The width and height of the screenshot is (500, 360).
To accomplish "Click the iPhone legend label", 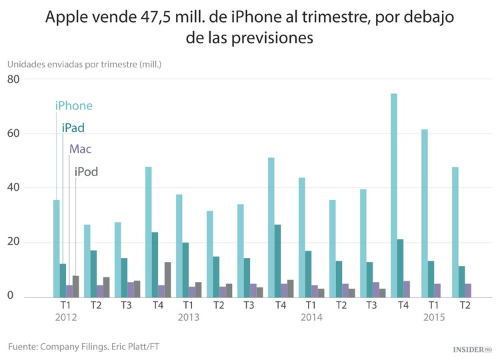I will [73, 105].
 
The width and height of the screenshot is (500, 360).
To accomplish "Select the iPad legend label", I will [73, 128].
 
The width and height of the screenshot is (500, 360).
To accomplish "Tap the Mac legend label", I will [81, 149].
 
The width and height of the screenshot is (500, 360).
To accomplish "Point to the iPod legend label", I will [86, 172].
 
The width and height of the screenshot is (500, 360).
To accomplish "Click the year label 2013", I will [189, 317].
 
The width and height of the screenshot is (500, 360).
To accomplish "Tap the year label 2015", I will [434, 317].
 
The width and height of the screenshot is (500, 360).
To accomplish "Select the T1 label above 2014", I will [311, 305].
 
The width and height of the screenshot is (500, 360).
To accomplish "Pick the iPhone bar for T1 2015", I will [425, 213].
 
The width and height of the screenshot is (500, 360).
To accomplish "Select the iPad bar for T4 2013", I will [277, 261].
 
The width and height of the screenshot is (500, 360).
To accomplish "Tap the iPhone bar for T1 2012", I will [57, 248].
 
